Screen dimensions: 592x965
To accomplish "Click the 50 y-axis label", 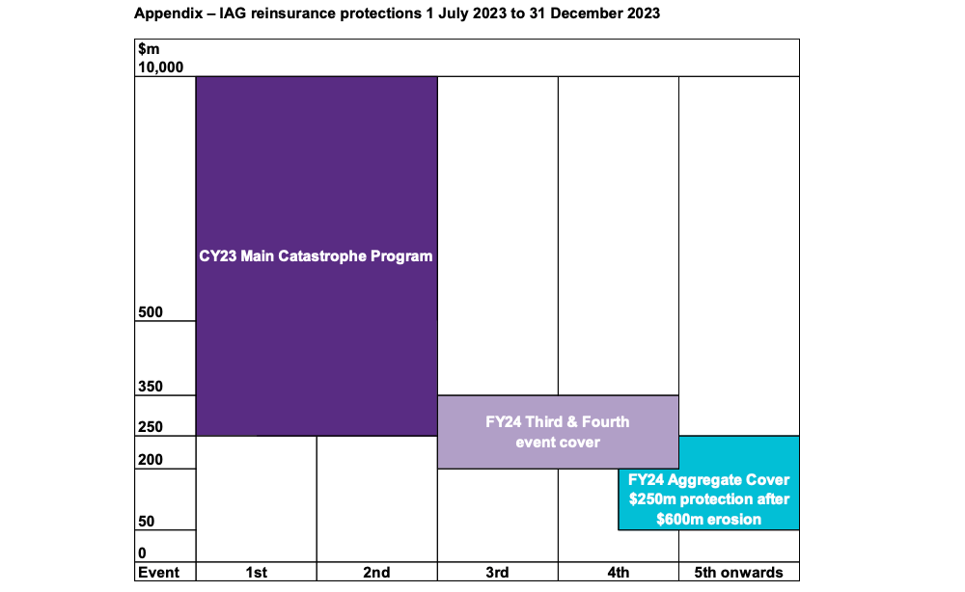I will (x=146, y=522).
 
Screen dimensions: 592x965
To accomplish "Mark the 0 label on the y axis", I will (x=142, y=553).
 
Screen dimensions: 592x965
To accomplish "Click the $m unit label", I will (x=148, y=49).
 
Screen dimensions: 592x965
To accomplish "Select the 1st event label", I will (x=256, y=573).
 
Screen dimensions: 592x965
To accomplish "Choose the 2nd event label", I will (x=376, y=573).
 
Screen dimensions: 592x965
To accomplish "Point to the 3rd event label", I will (x=497, y=573).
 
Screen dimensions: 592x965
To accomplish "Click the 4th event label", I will (x=618, y=573).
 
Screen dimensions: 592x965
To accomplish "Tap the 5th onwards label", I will (x=739, y=573).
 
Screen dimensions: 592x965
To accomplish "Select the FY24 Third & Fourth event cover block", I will (x=558, y=432).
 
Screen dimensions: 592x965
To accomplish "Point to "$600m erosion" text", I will (x=709, y=519).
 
